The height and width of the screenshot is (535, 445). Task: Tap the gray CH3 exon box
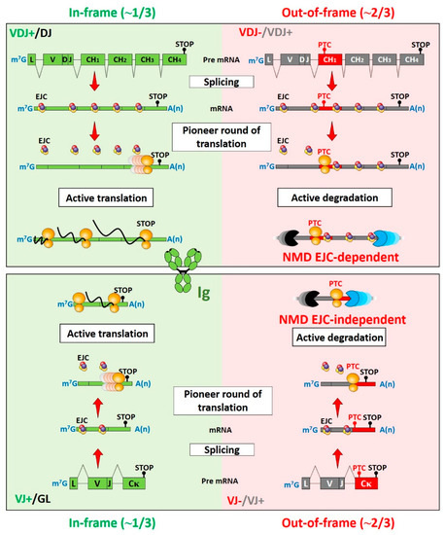coord(391,60)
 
